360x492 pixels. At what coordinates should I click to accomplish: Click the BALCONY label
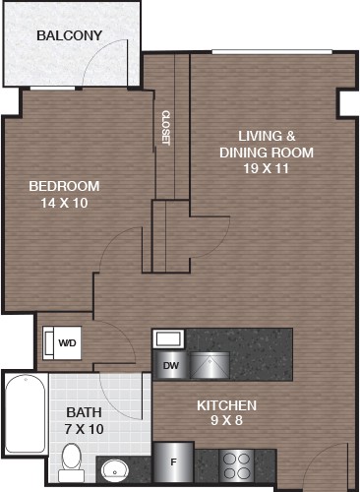(x=69, y=35)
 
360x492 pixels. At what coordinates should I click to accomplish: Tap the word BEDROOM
(x=64, y=186)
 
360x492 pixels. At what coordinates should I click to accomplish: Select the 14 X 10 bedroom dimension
(x=64, y=203)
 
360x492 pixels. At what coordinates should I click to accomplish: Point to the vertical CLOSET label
(x=166, y=128)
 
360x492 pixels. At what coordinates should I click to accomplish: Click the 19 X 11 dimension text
(x=266, y=168)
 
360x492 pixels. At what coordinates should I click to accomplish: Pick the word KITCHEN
(x=226, y=405)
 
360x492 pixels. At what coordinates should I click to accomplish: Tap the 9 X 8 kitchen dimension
(x=226, y=420)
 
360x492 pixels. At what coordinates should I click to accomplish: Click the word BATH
(x=84, y=412)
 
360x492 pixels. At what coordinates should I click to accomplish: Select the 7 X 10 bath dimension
(x=84, y=429)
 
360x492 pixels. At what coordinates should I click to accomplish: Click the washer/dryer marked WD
(x=62, y=342)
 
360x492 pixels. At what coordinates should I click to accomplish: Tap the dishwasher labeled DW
(x=171, y=365)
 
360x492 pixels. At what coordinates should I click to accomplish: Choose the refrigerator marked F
(x=173, y=462)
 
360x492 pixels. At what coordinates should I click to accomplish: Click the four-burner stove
(x=236, y=466)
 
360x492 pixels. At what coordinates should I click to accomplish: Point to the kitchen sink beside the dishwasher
(x=210, y=365)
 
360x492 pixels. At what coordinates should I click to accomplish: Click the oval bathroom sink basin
(x=115, y=470)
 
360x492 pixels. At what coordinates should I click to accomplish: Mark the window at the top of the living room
(x=272, y=51)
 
